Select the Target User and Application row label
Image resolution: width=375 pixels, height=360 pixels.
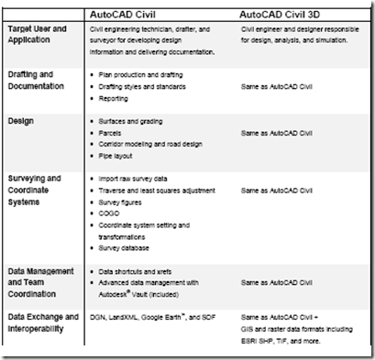(44, 35)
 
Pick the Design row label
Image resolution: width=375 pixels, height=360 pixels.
(21, 120)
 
